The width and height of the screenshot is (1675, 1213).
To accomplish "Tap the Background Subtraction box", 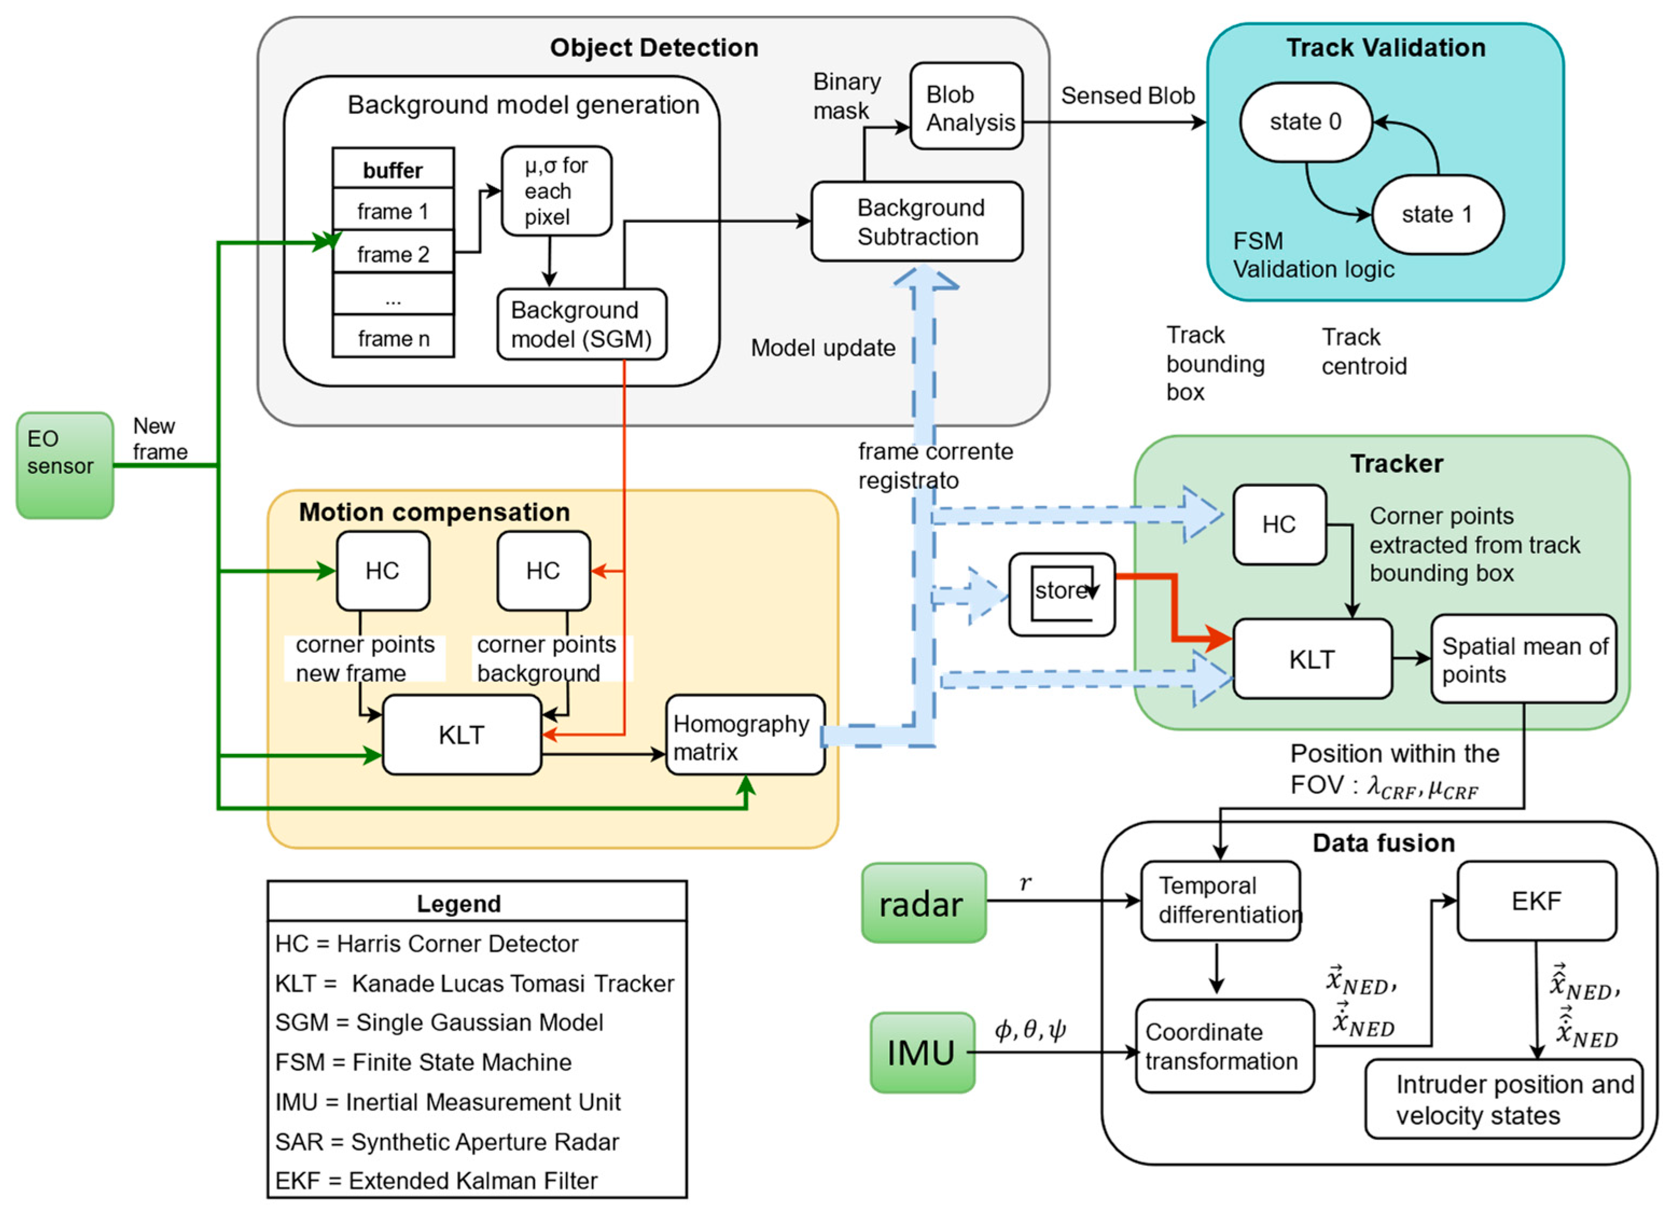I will [917, 221].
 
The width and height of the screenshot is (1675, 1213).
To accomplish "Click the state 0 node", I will [1305, 122].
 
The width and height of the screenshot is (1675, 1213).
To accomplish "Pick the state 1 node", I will [1437, 215].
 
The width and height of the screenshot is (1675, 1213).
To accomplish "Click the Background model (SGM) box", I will [581, 324].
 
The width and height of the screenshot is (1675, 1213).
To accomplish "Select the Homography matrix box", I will [744, 735].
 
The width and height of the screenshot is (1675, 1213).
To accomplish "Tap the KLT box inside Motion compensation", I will [462, 735].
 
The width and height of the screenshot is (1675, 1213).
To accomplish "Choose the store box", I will [1061, 594].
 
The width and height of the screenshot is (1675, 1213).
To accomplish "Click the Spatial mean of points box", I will [1524, 659].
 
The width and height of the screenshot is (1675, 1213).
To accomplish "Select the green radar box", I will [923, 903].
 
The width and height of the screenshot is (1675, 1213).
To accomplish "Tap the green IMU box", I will [922, 1052].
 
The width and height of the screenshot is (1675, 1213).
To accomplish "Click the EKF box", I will [1536, 900].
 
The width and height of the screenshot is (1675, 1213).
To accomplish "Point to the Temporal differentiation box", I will [1220, 900].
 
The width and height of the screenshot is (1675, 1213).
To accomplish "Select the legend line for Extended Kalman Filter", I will [436, 1181].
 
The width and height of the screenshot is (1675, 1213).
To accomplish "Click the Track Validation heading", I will [1385, 48].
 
